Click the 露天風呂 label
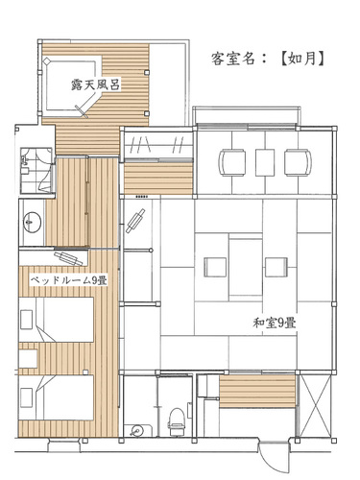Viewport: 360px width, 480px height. pos(95,85)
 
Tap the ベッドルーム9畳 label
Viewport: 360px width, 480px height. pos(69,280)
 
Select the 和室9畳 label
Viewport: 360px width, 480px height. pos(275,323)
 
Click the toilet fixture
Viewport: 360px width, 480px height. pos(177,421)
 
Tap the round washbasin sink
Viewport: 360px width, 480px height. pos(32,222)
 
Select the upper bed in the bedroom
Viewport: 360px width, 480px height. pos(57,320)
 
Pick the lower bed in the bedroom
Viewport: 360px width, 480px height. pos(57,397)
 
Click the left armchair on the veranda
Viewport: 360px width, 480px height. pos(232,163)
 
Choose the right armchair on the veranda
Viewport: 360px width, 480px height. pos(298,162)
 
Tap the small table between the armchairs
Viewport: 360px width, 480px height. pos(265,162)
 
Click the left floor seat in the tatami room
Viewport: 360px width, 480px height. pos(216,267)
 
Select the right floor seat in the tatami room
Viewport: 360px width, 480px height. pos(276,267)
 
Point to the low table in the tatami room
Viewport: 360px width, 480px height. pos(246,267)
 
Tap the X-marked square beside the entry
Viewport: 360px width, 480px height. pos(314,404)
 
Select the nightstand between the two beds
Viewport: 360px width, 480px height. pos(28,359)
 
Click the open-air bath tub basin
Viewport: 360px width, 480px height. pos(72,86)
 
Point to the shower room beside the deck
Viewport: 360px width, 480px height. pos(36,170)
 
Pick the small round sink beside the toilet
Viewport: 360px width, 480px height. pos(138,430)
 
